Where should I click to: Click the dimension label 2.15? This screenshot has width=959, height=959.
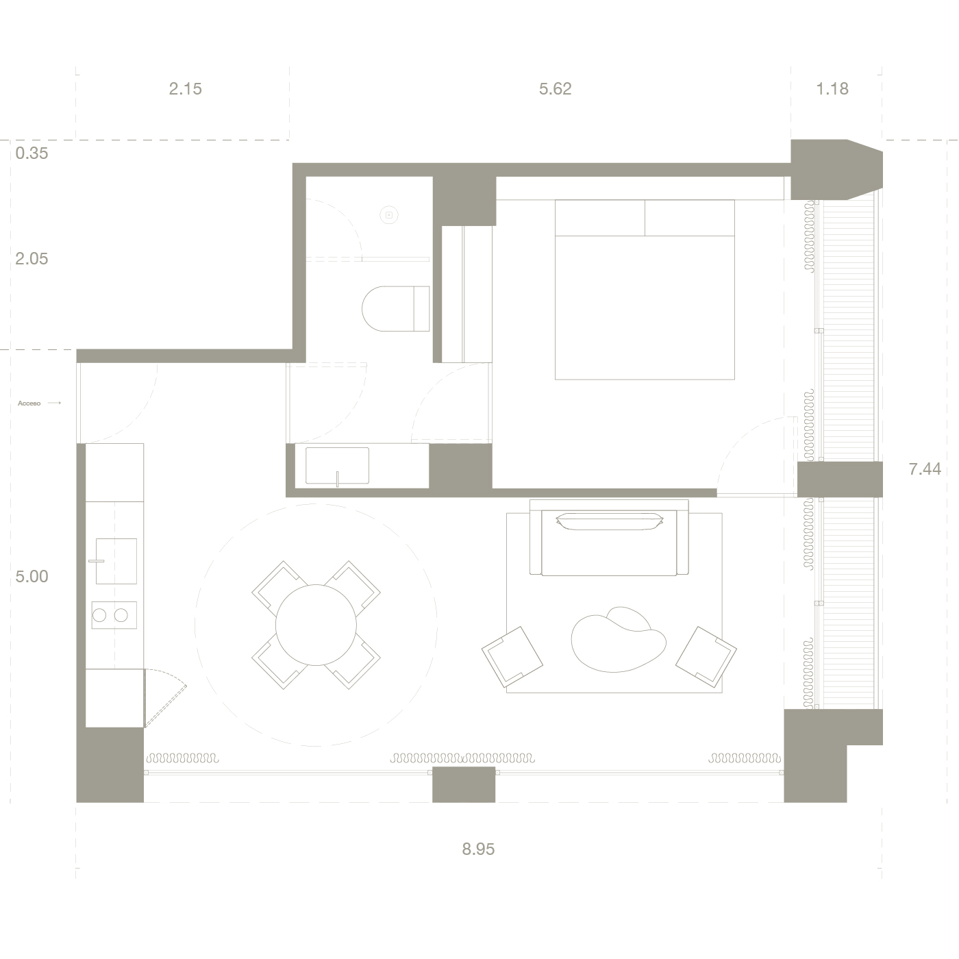tap(185, 89)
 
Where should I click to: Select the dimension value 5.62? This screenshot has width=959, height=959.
tap(555, 89)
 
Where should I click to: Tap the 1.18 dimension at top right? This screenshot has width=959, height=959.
tap(832, 89)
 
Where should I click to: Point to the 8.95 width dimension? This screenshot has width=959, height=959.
tap(478, 849)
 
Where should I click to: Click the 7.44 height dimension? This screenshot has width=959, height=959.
tap(924, 469)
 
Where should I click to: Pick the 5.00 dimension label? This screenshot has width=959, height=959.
tap(32, 577)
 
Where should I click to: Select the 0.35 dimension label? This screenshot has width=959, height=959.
tap(32, 153)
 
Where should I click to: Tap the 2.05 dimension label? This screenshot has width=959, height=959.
tap(32, 259)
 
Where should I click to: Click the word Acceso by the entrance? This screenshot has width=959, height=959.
tap(29, 403)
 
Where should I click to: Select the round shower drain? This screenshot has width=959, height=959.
tap(389, 215)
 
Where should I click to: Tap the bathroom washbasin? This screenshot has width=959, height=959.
tap(336, 466)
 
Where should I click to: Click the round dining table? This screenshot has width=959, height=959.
tap(316, 625)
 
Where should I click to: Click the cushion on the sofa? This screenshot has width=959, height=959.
tap(610, 521)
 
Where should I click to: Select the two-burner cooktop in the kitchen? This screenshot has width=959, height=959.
tap(114, 615)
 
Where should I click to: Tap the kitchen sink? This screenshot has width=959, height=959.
tap(116, 561)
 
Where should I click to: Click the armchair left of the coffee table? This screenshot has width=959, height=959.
tap(512, 656)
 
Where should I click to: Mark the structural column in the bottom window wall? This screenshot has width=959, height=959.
tap(464, 784)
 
